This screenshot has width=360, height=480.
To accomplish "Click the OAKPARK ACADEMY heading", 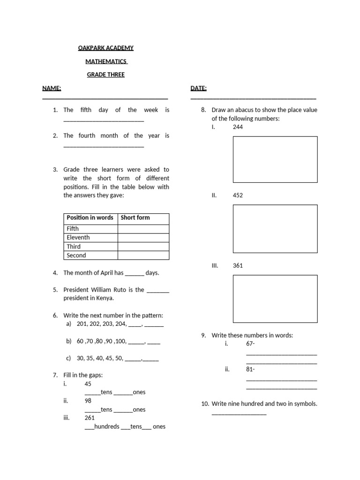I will (105, 48).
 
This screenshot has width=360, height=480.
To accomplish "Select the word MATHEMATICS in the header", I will (106, 61).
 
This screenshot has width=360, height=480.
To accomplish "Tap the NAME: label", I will (52, 88).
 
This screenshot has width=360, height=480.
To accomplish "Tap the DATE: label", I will (199, 88).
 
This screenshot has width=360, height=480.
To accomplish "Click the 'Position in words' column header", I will (90, 217).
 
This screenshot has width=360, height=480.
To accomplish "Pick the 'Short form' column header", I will (135, 217).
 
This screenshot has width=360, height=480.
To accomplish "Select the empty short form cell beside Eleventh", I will (143, 238).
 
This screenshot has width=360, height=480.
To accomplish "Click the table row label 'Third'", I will (74, 247).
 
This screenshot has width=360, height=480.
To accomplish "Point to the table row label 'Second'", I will (76, 255).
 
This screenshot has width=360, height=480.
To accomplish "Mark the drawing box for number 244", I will (275, 159).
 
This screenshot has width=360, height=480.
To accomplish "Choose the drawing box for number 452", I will (275, 228).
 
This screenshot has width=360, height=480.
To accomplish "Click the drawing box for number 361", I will (275, 298).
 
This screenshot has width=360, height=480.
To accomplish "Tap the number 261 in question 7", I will (90, 418).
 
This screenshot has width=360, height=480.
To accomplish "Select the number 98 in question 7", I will (88, 401).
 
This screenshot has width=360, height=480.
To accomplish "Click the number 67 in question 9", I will (249, 344).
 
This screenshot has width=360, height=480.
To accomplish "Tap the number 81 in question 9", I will (249, 369).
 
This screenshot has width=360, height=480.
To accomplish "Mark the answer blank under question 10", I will (239, 413).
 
